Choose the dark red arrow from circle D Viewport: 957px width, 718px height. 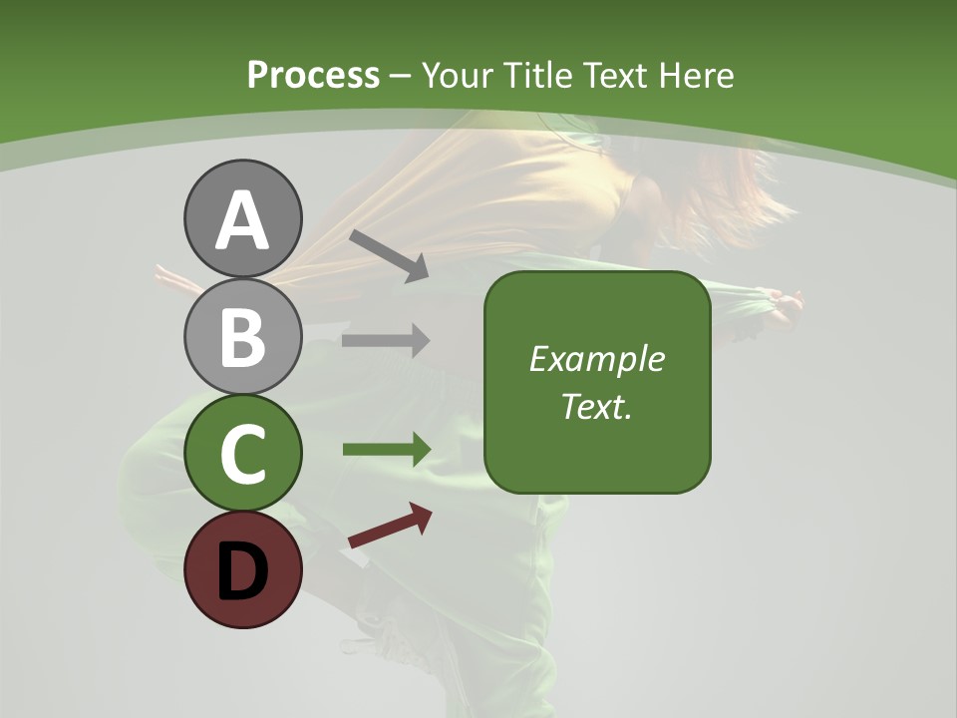click(390, 526)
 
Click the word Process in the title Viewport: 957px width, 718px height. click(313, 76)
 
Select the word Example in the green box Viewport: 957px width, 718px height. click(596, 359)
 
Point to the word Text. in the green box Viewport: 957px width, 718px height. click(596, 406)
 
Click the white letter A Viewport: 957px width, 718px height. click(242, 221)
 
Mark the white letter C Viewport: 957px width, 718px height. click(242, 455)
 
